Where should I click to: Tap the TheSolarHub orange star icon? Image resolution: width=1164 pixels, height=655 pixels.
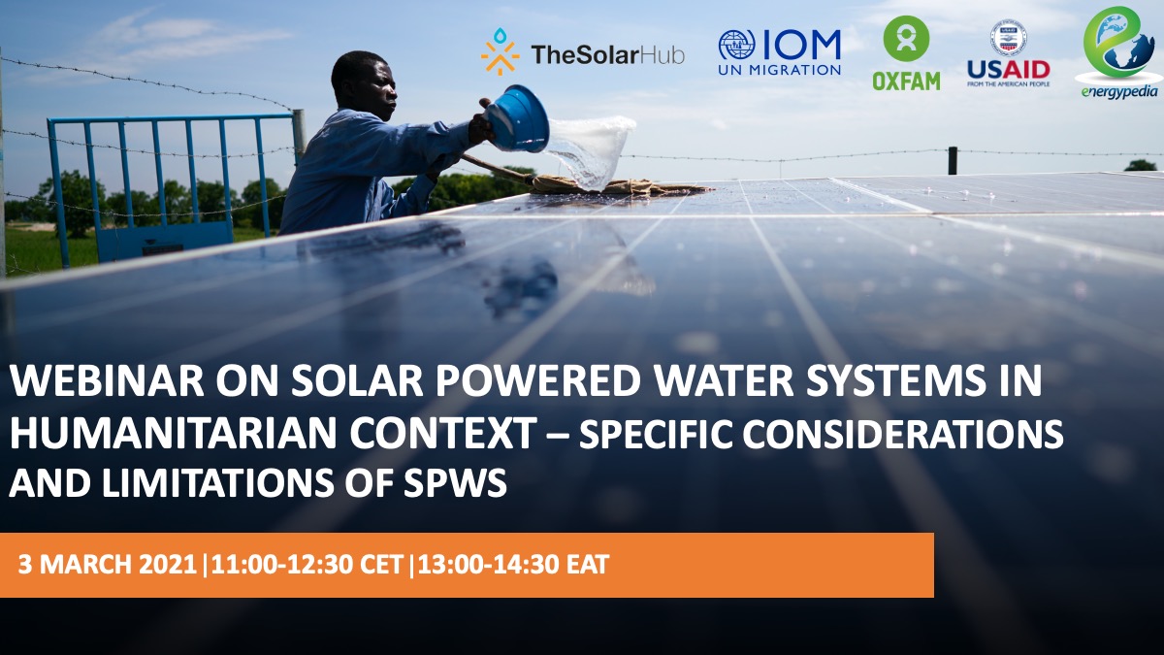pyautogui.click(x=500, y=52)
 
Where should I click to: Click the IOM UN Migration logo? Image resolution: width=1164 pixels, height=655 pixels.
pyautogui.click(x=780, y=52)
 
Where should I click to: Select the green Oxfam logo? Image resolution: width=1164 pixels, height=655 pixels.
pyautogui.click(x=906, y=53)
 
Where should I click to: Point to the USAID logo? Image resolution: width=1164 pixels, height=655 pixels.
pyautogui.click(x=1009, y=53)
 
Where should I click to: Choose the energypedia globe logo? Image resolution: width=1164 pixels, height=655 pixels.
pyautogui.click(x=1118, y=52)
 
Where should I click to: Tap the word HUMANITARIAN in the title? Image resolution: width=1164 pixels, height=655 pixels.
pyautogui.click(x=173, y=433)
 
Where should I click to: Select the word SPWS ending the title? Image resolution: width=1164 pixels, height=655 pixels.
pyautogui.click(x=455, y=483)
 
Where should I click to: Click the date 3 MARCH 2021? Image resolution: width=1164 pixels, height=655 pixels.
pyautogui.click(x=107, y=565)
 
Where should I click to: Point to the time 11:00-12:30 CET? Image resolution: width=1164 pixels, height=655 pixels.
pyautogui.click(x=307, y=565)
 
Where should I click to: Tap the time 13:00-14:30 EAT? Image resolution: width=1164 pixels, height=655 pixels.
pyautogui.click(x=513, y=565)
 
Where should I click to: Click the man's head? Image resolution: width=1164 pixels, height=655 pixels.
pyautogui.click(x=364, y=84)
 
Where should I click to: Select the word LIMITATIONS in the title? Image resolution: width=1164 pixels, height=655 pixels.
pyautogui.click(x=217, y=483)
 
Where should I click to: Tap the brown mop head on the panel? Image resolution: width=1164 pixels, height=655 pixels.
pyautogui.click(x=613, y=185)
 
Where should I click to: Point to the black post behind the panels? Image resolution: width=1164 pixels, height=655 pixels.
pyautogui.click(x=953, y=161)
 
